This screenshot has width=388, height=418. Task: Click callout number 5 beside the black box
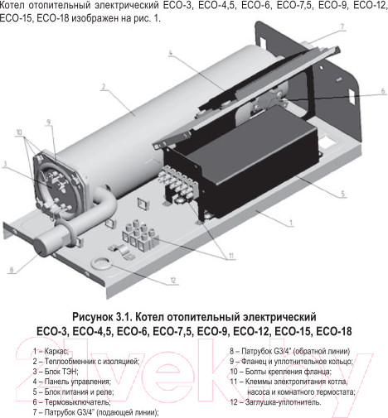coord(342,196)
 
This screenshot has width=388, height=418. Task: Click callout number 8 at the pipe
coord(11,269)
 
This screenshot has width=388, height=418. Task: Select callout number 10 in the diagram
coord(19,132)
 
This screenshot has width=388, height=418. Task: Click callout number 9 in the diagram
coord(50,123)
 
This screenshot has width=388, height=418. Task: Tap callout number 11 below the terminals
coord(231,255)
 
